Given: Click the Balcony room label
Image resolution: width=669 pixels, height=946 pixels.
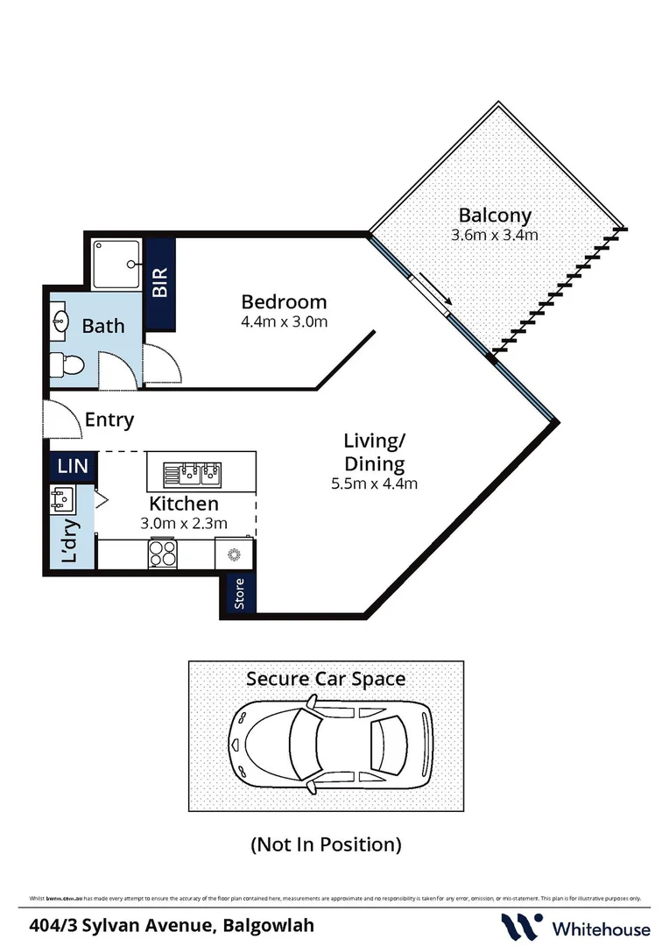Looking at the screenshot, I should pos(495,215).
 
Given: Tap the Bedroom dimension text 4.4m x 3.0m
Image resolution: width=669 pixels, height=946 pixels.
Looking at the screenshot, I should pos(284,321).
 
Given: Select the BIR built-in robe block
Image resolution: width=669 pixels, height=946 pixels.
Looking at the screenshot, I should pos(159,283).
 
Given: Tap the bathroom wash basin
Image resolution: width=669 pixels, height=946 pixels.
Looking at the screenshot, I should pos(60,320).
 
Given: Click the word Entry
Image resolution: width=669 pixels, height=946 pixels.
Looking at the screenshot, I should pos(109,420).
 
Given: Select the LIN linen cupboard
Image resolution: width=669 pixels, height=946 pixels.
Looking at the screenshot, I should pos(73,465).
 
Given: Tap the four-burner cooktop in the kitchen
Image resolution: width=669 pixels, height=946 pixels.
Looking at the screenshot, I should pos(163,554).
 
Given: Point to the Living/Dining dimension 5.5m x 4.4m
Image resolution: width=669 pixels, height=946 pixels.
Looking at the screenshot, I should pos(374,483).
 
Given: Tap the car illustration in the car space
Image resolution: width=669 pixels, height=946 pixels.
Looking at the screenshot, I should pos(329,743).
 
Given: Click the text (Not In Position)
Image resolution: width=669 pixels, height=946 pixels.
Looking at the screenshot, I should pos(326,844).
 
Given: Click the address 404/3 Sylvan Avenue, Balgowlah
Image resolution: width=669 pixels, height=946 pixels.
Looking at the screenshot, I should pos(172,925).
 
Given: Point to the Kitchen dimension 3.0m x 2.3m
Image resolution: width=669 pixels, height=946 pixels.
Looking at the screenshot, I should pos(184,524).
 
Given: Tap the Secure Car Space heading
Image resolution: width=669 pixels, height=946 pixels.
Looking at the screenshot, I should pos(326,678).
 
